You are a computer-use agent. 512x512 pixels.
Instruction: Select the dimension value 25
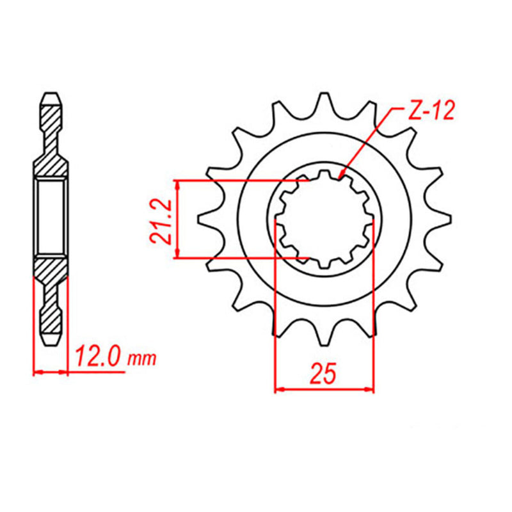tap(323, 374)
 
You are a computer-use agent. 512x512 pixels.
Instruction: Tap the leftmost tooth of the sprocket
tap(207, 219)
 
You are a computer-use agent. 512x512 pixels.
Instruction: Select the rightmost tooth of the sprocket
tap(444, 219)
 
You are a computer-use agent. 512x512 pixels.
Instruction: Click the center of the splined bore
tap(325, 219)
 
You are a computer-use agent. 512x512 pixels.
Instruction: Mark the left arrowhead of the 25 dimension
tap(278, 388)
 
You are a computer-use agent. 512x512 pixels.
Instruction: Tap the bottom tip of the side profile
tap(51, 343)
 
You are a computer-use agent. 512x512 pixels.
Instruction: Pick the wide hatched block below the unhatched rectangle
tap(51, 269)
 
